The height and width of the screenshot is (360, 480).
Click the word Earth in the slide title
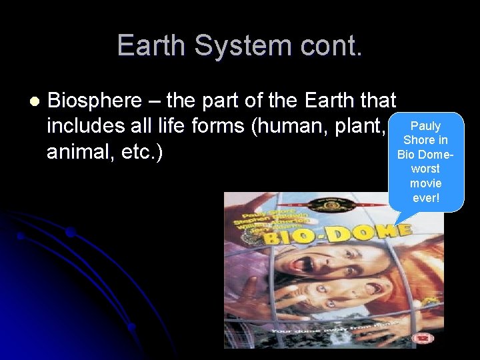(151, 45)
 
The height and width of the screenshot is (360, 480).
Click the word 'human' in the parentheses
(287, 127)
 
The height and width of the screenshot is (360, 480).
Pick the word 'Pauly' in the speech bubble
(425, 126)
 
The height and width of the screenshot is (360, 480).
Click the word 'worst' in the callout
(426, 169)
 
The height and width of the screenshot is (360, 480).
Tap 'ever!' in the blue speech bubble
(426, 197)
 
